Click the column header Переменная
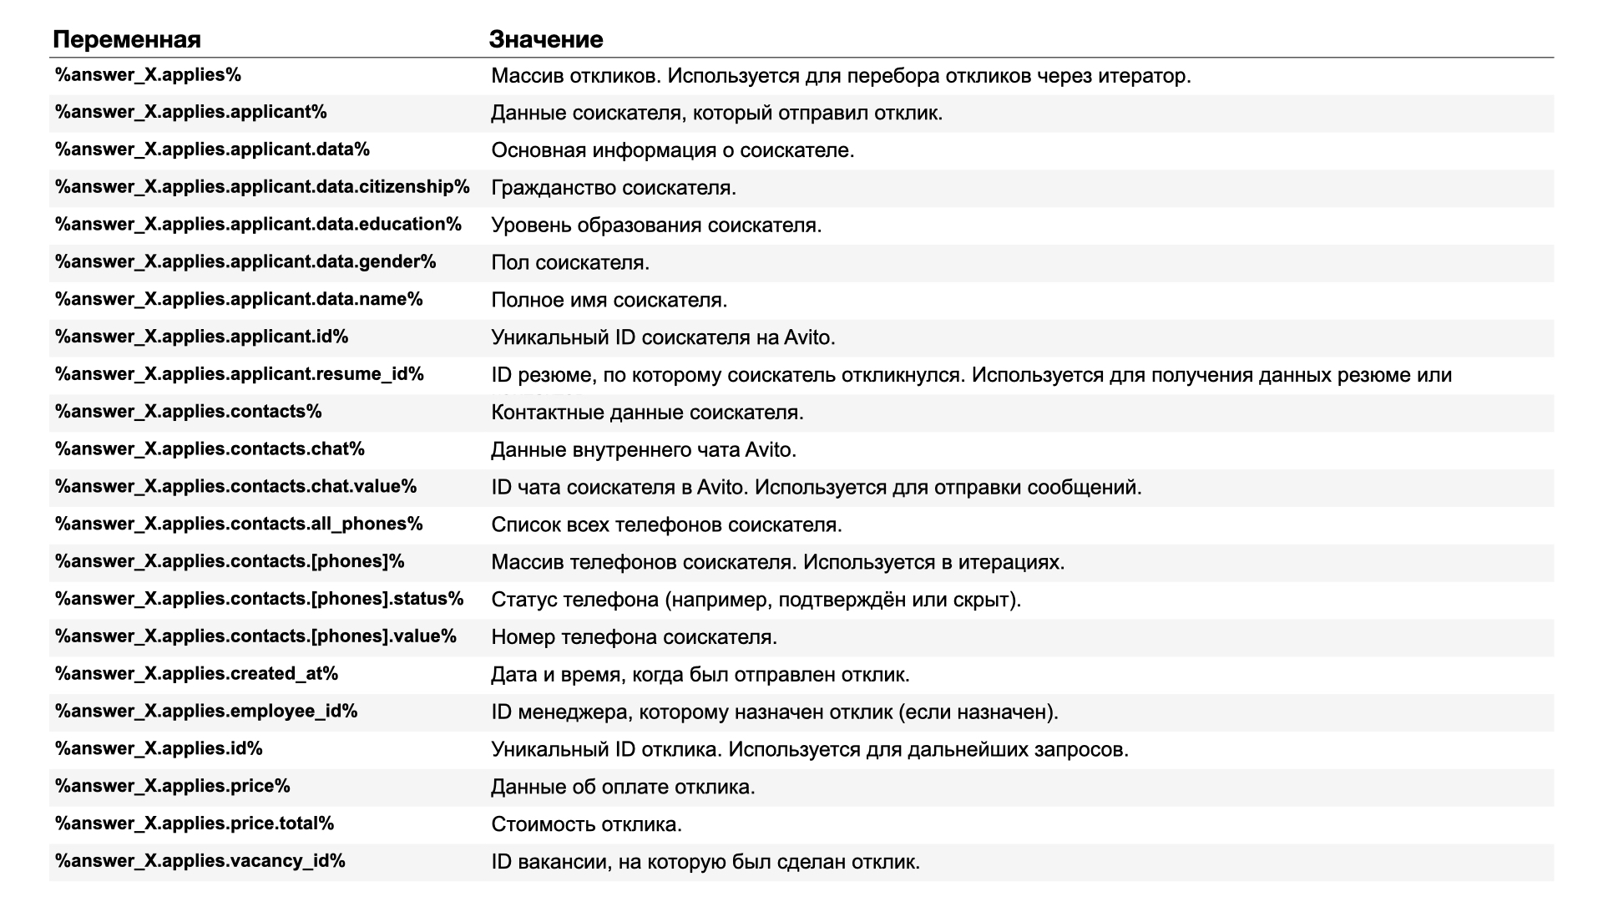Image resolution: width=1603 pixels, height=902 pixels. (x=127, y=39)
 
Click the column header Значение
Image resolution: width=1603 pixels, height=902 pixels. (x=545, y=39)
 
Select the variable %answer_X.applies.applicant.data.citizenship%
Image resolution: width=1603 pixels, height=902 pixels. (x=262, y=187)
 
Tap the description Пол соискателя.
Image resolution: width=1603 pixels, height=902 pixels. (x=569, y=262)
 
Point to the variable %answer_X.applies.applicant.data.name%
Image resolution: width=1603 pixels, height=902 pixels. (x=239, y=299)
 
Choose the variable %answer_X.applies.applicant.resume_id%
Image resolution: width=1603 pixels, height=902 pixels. (x=240, y=374)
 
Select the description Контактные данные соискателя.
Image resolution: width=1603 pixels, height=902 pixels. (x=647, y=413)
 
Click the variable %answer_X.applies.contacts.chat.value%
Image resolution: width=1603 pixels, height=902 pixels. (x=235, y=486)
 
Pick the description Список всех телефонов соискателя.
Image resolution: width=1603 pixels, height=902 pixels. (x=666, y=524)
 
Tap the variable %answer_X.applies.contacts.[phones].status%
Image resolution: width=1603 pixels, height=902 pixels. (x=259, y=599)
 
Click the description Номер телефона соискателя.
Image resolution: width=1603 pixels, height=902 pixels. (x=634, y=637)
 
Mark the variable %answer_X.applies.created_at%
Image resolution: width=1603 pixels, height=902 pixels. (x=196, y=673)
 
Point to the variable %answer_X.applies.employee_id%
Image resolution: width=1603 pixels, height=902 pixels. (x=206, y=711)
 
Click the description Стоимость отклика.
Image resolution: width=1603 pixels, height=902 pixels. (x=586, y=824)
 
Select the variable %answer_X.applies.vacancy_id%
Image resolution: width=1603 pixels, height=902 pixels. (x=200, y=860)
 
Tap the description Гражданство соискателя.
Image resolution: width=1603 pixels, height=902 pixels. (x=613, y=188)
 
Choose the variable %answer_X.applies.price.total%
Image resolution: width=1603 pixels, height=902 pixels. (x=195, y=823)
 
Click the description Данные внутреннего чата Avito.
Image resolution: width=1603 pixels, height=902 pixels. (x=643, y=450)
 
